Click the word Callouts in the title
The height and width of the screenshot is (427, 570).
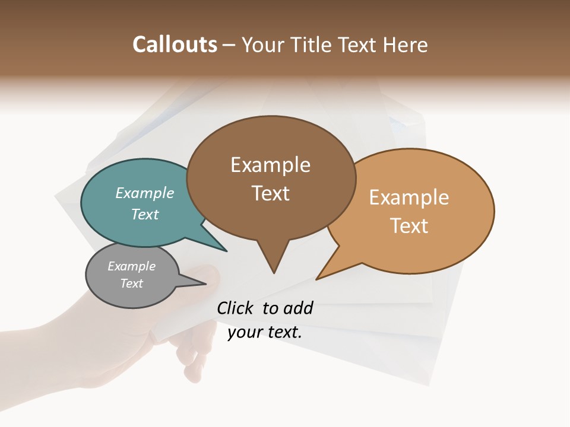tap(175, 45)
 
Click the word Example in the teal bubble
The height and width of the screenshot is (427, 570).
tap(145, 193)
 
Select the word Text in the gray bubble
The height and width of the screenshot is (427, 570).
tap(132, 283)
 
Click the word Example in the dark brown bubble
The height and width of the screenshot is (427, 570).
tap(270, 165)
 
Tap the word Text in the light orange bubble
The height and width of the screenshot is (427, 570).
tap(410, 226)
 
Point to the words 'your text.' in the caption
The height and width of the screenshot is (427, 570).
tap(265, 333)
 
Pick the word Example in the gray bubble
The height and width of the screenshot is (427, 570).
tap(132, 266)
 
